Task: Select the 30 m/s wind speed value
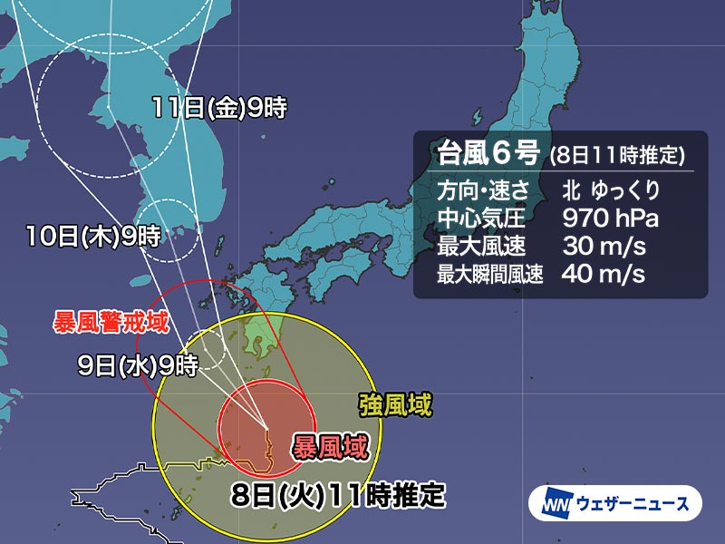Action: [x=603, y=245]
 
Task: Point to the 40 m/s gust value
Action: [x=603, y=274]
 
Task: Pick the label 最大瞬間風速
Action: [x=488, y=274]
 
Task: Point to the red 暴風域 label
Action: [x=329, y=445]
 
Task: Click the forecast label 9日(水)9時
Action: [x=139, y=366]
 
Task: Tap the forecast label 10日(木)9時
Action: [x=93, y=238]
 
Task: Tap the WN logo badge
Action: [x=555, y=502]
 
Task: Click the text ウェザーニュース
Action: [x=632, y=502]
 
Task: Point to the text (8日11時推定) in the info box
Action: [x=617, y=155]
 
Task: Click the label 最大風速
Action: [x=476, y=245]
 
